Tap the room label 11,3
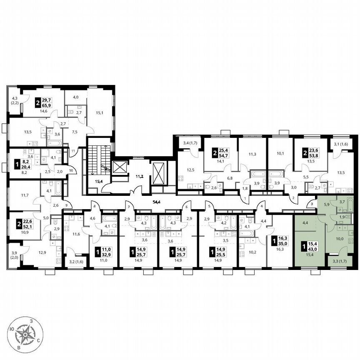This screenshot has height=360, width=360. coord(252,154)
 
